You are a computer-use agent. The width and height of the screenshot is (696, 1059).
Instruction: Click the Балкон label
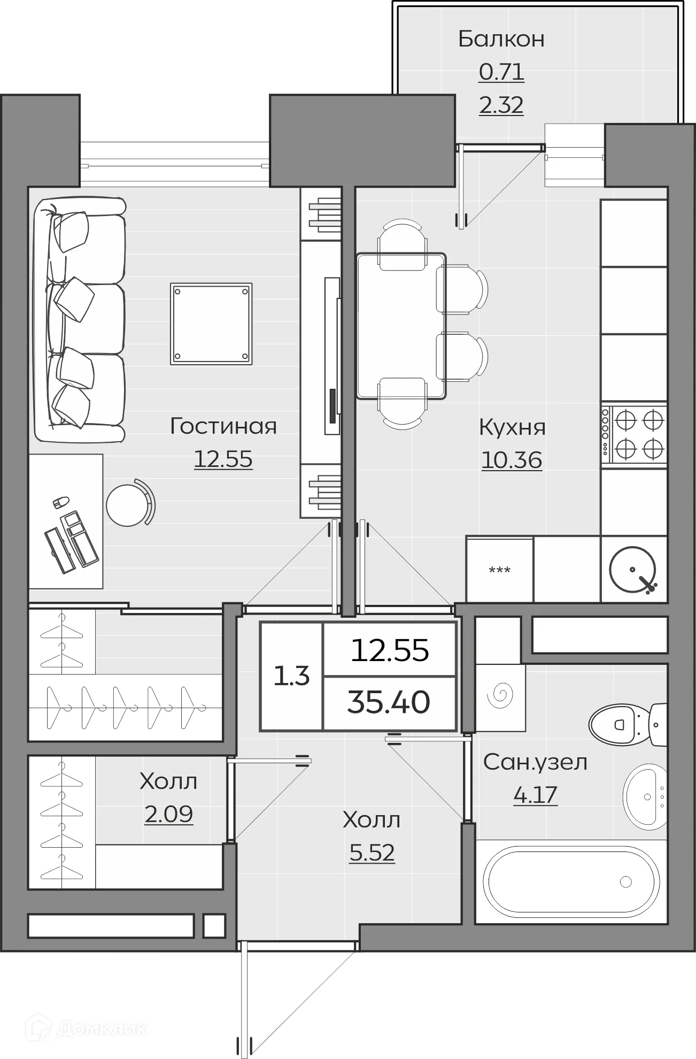(501, 39)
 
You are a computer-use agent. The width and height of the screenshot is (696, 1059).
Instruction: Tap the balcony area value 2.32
(501, 105)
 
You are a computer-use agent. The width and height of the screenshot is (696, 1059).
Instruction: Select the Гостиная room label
(223, 426)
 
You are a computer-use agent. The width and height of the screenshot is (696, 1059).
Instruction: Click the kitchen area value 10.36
(512, 460)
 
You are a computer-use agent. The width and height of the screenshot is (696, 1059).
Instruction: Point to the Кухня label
(512, 427)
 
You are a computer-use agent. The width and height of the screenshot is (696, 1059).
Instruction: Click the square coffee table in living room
(211, 324)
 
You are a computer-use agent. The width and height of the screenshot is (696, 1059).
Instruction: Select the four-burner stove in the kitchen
(634, 434)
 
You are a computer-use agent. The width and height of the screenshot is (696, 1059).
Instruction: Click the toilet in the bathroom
(628, 725)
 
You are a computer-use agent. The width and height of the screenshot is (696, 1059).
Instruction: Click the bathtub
(570, 881)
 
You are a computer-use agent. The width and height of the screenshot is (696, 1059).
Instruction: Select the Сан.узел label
(535, 762)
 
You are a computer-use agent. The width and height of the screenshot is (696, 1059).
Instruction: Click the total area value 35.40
(389, 702)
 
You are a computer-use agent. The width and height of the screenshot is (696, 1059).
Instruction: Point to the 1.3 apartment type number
(292, 676)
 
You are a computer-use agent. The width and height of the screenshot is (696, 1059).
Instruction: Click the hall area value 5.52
(372, 853)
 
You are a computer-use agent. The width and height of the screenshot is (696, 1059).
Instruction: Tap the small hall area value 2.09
(168, 814)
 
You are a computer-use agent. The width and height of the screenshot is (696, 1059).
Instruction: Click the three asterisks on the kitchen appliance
(500, 570)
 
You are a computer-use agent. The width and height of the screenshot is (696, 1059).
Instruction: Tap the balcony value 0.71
(501, 72)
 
